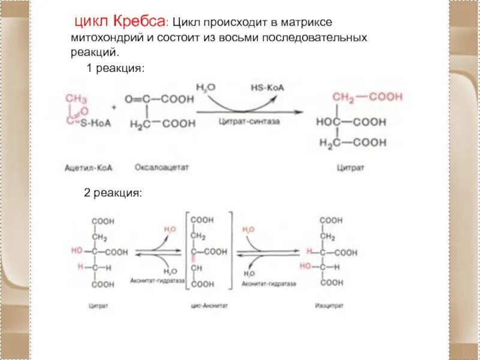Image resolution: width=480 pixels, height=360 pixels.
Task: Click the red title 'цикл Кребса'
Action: click(x=119, y=23)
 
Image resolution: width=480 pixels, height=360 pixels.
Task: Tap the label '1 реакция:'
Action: click(x=116, y=69)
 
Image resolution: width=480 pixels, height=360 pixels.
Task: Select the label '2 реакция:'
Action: click(x=112, y=194)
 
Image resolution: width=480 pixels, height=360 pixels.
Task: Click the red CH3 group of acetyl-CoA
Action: click(x=76, y=98)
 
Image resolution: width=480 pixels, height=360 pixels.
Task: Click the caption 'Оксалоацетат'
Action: click(x=161, y=168)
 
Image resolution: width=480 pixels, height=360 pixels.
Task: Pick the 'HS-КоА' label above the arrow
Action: click(x=267, y=88)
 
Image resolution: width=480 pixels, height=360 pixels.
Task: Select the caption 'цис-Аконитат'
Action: click(x=203, y=305)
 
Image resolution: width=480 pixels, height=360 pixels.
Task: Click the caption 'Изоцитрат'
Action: click(x=329, y=305)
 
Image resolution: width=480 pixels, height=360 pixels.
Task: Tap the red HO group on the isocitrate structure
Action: click(x=305, y=266)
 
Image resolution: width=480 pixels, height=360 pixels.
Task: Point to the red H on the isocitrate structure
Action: click(x=308, y=252)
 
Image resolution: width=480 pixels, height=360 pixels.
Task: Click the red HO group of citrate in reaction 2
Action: click(x=77, y=251)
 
